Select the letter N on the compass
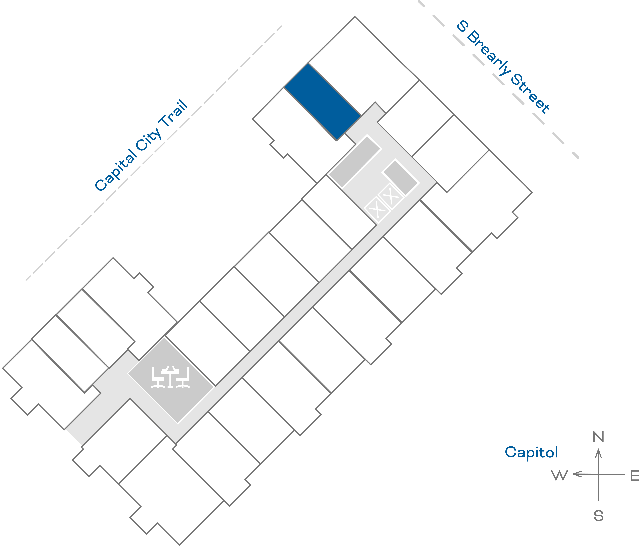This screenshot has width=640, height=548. (598, 437)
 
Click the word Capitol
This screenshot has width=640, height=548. (531, 452)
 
